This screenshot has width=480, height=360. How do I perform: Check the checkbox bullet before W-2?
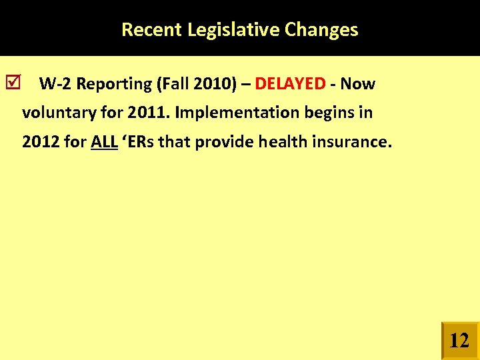pyautogui.click(x=17, y=83)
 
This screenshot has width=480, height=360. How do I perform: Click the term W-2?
pyautogui.click(x=55, y=84)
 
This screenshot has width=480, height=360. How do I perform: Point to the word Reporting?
pyautogui.click(x=114, y=84)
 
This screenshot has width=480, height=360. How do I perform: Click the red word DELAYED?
pyautogui.click(x=290, y=84)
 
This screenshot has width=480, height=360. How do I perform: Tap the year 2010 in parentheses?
pyautogui.click(x=212, y=84)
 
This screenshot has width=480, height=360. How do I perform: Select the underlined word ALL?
pyautogui.click(x=104, y=141)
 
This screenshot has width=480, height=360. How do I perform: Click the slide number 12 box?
pyautogui.click(x=459, y=341)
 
